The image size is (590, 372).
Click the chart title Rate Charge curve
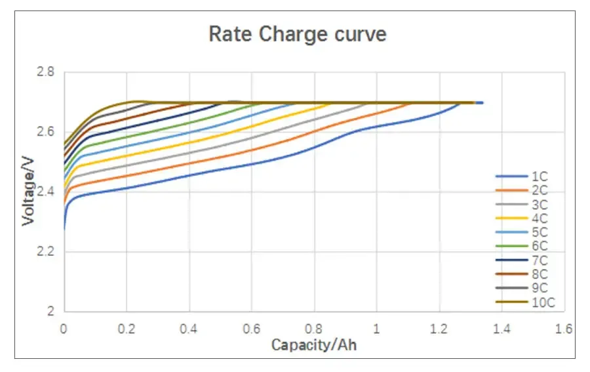[x=297, y=34]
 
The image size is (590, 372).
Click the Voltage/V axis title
[x=28, y=191]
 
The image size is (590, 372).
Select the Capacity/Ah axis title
[x=314, y=344]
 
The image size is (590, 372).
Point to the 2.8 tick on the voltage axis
[x=46, y=72]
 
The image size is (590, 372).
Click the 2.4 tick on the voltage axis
[x=46, y=192]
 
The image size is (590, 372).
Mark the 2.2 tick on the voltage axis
[x=46, y=252]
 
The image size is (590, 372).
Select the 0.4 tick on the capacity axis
[x=189, y=328]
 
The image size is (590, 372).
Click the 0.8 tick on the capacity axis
[x=314, y=328]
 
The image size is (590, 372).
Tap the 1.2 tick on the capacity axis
[x=439, y=328]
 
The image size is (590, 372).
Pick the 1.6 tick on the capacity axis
[x=564, y=328]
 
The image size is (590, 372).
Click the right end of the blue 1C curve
[x=482, y=103]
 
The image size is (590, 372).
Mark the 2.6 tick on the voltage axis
[x=46, y=132]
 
